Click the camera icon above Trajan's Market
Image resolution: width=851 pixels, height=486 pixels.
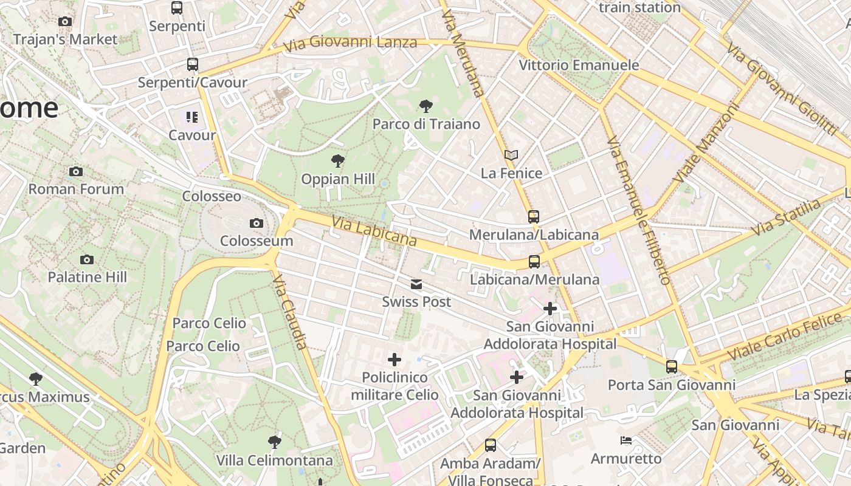click(65, 22)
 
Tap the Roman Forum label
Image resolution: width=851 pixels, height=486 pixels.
click(76, 189)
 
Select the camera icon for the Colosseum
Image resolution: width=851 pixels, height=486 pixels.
click(257, 224)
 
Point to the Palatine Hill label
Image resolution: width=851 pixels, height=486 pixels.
click(87, 277)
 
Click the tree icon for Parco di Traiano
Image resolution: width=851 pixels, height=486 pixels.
click(426, 107)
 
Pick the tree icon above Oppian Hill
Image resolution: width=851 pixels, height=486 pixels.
click(338, 161)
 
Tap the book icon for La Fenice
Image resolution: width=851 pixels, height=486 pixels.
click(511, 156)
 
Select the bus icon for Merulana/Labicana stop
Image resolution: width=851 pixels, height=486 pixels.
click(534, 217)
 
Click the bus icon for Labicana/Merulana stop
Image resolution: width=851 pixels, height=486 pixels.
click(534, 262)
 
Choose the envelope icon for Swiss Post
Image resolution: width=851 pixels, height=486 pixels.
click(416, 284)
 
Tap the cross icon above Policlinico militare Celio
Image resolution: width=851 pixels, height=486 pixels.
click(394, 360)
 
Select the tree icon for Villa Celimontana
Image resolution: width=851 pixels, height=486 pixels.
click(275, 442)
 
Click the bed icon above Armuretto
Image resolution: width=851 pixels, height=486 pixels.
click(626, 440)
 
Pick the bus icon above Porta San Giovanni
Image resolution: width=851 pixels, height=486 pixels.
click(672, 367)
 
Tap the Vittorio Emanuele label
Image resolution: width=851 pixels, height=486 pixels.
click(579, 65)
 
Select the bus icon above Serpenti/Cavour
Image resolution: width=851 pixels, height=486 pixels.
click(193, 64)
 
